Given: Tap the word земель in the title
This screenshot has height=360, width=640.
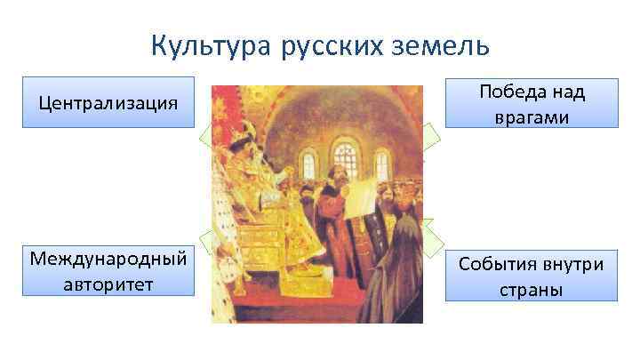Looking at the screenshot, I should click(x=439, y=45).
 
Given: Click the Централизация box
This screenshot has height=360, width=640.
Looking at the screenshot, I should click(x=108, y=104).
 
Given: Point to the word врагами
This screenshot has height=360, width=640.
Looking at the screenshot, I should click(x=532, y=117).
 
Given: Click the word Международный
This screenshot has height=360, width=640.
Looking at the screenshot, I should click(x=108, y=259).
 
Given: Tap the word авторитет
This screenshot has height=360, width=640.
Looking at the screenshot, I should click(x=108, y=284).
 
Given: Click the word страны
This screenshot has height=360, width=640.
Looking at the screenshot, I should click(x=532, y=290).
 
